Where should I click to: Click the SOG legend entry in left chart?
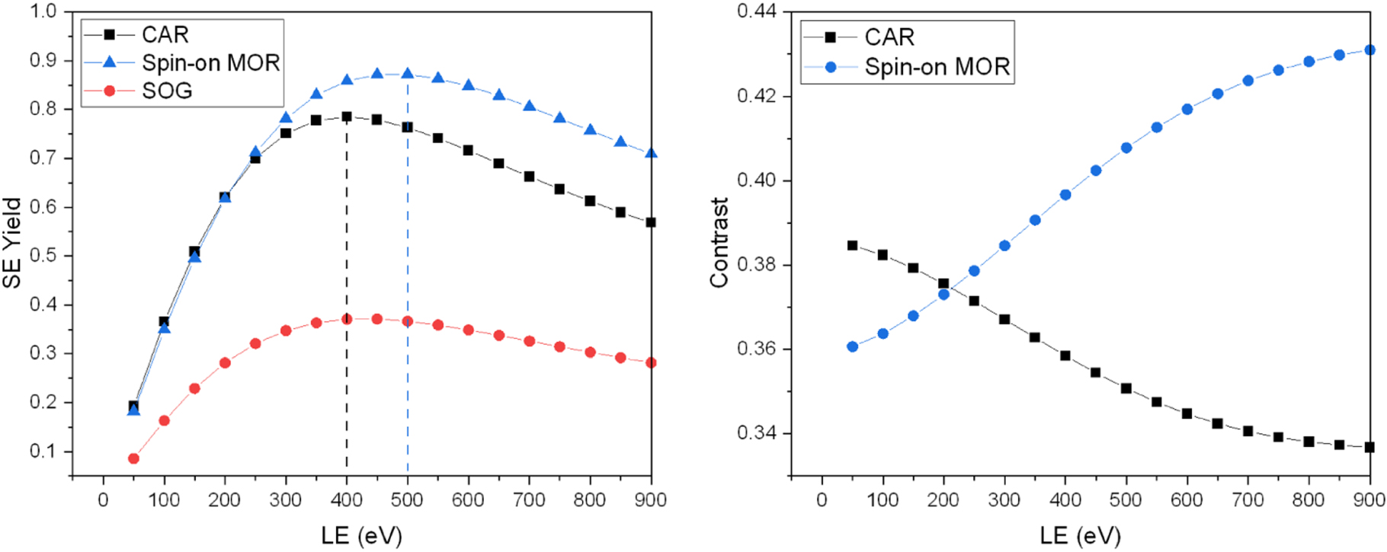point(166,91)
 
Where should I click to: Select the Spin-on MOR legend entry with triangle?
point(210,62)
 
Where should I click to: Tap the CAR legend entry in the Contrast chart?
point(889,37)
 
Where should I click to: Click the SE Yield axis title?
point(11,244)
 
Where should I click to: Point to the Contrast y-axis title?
point(719,243)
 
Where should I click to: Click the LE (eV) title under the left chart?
point(361,535)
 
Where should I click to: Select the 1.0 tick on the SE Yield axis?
point(43,11)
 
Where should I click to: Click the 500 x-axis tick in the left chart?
point(407,500)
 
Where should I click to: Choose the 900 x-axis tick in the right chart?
point(1369,500)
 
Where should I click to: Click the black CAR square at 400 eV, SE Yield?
point(347,117)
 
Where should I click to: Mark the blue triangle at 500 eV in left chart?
point(407,74)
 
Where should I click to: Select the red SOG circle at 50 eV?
point(133,458)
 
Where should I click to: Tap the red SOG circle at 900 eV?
point(651,362)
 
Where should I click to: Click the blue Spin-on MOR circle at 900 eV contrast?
point(1369,50)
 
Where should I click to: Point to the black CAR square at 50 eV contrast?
point(852,246)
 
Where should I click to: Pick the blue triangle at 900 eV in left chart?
point(651,153)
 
